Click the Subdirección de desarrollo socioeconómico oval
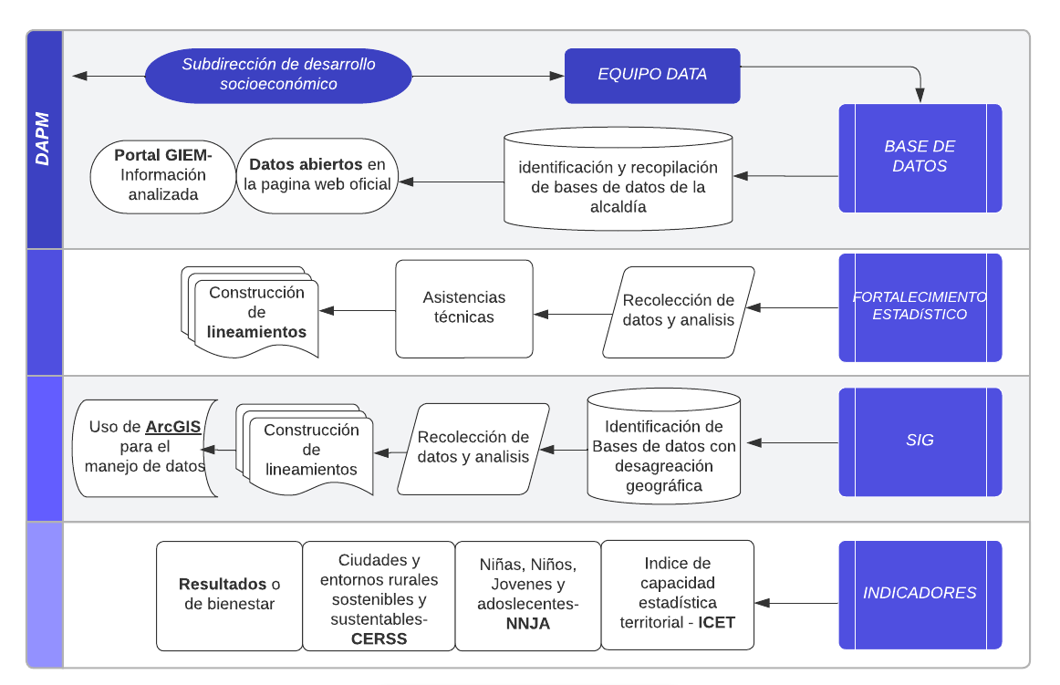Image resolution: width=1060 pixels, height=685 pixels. point(278,75)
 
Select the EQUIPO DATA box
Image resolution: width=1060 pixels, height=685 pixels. point(651,75)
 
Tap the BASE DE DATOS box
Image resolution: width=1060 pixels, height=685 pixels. point(920,157)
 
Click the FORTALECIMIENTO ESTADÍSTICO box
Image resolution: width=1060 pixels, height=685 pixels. point(920,306)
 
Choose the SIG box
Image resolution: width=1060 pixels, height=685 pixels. point(920,441)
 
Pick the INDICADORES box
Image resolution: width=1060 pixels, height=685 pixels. point(920,594)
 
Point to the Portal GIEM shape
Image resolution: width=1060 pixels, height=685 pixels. point(162,175)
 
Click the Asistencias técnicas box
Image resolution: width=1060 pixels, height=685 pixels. point(463,308)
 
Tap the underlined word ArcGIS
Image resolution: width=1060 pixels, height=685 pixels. point(173,427)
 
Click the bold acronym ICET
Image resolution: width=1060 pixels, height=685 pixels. point(717,623)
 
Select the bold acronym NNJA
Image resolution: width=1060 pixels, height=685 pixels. point(527,624)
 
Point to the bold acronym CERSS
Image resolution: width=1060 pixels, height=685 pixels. point(379,638)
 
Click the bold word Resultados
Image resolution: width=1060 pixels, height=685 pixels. point(223,585)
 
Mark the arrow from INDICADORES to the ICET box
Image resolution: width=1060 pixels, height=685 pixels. point(796,603)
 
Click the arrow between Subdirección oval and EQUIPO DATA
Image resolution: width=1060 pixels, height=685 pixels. point(488,76)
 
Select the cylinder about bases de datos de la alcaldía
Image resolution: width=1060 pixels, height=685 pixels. point(618,179)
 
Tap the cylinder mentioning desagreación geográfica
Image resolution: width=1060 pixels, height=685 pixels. point(663,447)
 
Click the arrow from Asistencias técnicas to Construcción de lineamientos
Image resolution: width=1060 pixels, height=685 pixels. point(357,311)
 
